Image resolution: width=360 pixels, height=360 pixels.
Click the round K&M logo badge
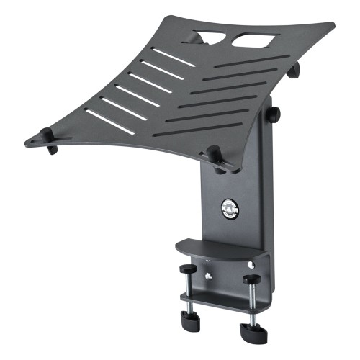[x=230, y=209]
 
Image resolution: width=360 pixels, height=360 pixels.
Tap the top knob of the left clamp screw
[x=188, y=269]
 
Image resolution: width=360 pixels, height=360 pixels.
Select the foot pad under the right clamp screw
[x=253, y=330]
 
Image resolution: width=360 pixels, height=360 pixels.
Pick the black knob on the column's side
[x=274, y=114]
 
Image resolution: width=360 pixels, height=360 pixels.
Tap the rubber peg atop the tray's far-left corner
[x=46, y=133]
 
